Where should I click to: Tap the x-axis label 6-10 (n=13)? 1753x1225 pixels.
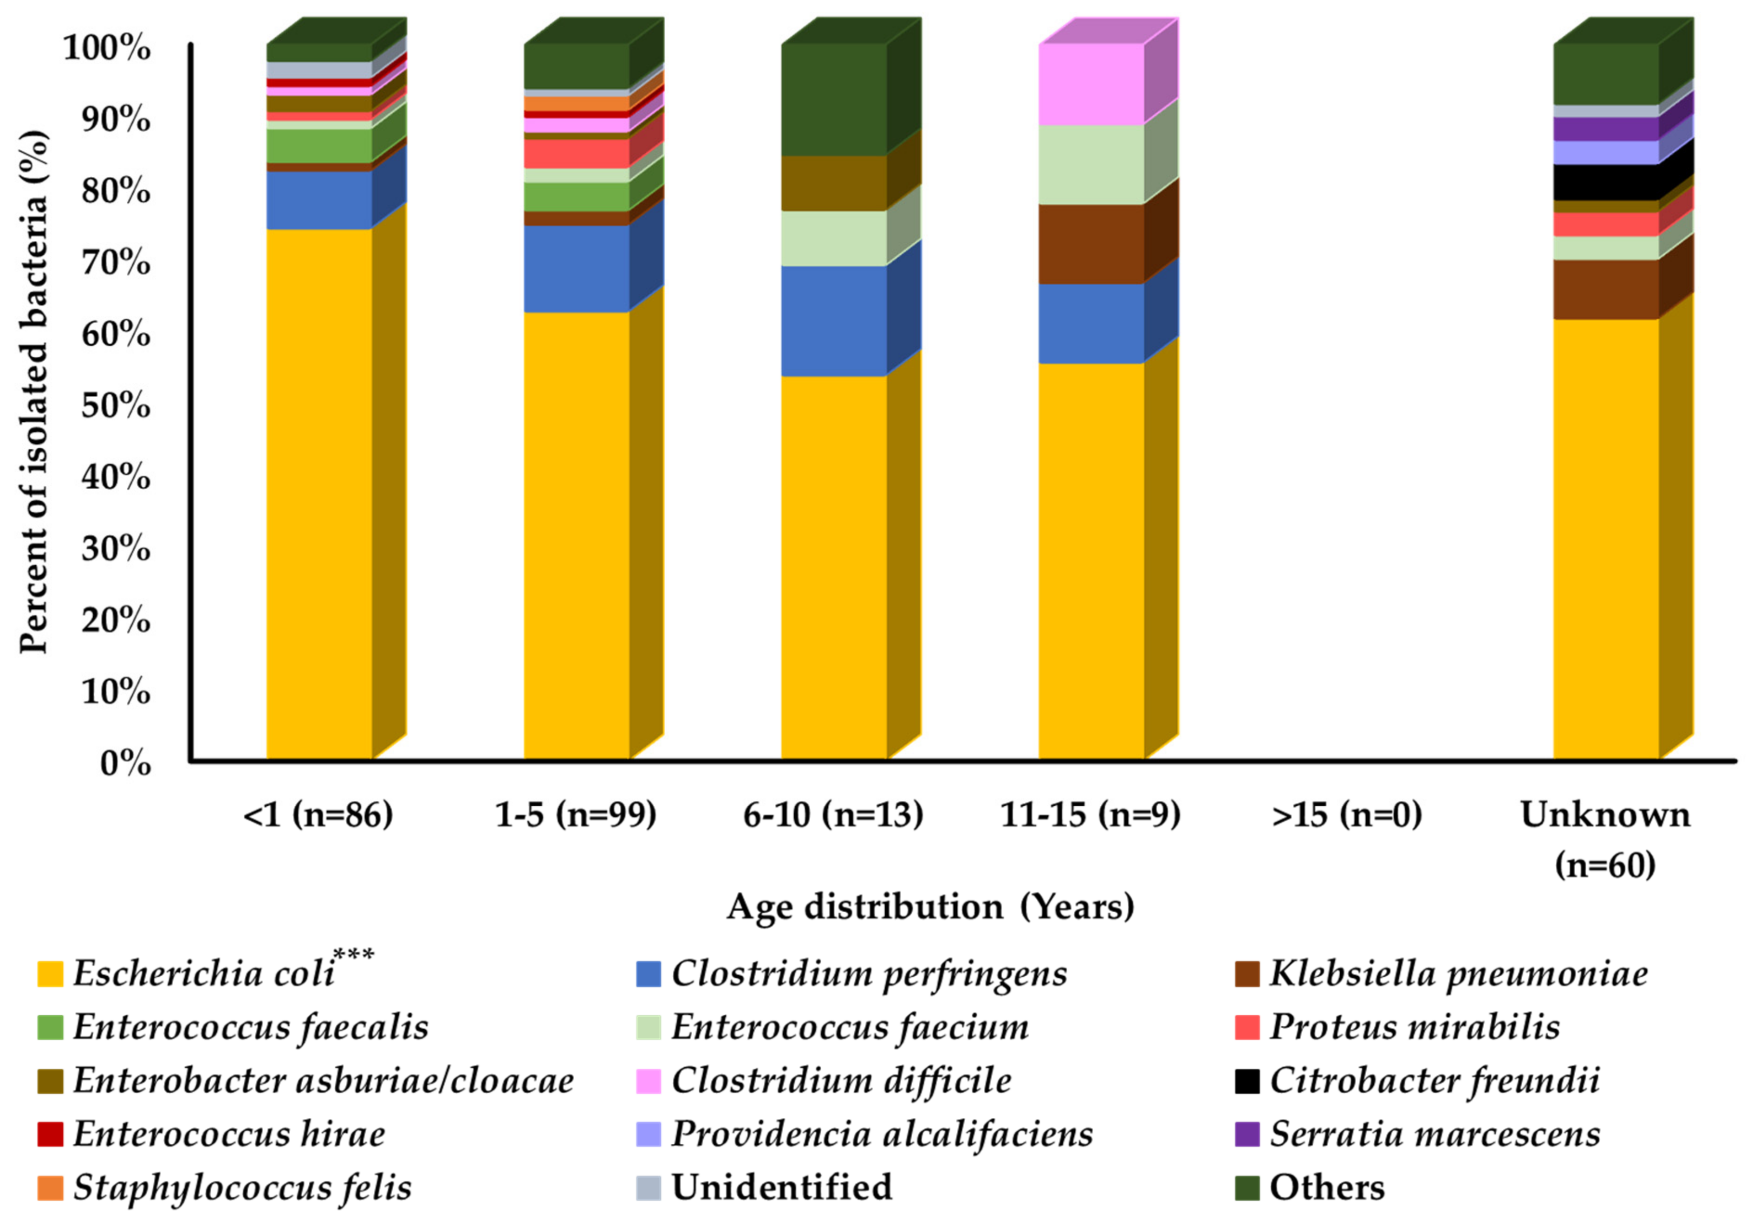click(x=833, y=815)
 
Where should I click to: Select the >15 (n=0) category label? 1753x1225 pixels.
click(x=1347, y=815)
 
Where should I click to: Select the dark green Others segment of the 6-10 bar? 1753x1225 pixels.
click(x=834, y=100)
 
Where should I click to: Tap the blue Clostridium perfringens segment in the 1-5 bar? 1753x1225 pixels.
click(x=577, y=269)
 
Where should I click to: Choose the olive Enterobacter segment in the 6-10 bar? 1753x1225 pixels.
click(x=834, y=183)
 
